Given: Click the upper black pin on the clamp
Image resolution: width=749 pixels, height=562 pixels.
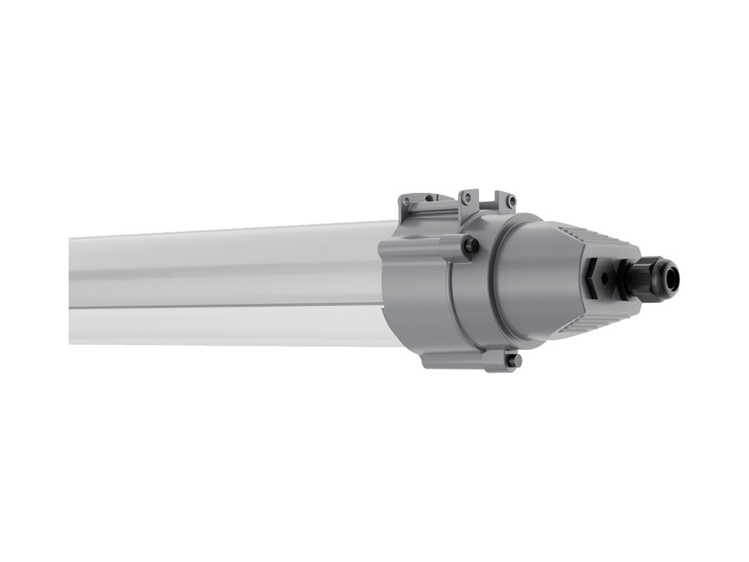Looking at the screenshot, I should (472, 246).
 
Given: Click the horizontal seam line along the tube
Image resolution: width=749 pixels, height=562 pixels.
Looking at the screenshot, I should (225, 307).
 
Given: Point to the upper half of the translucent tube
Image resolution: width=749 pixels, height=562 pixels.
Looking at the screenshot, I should (225, 269).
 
